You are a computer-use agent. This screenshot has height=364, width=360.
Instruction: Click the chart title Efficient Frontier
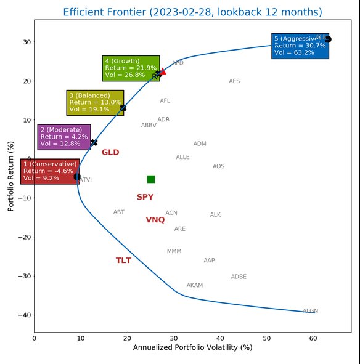pos(192,12)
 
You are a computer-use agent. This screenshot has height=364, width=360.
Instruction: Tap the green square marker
pos(151,179)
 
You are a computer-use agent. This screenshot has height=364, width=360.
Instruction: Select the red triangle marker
pos(163,71)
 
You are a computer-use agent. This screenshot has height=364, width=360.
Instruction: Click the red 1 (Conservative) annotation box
pos(50,171)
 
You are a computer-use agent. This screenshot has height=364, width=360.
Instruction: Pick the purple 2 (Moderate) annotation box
pos(64,137)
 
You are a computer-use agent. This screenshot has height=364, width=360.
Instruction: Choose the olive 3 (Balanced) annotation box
pos(95,103)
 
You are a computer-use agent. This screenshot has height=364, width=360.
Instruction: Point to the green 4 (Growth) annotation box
pos(131,68)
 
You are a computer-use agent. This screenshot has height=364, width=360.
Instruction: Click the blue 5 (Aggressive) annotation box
pos(300,46)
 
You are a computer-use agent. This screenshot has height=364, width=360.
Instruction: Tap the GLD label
pos(110,152)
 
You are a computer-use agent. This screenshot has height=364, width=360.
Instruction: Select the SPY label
pos(145,197)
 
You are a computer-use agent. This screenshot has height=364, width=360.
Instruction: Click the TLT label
pos(123,261)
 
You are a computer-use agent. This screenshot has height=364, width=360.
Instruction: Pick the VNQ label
pos(155,220)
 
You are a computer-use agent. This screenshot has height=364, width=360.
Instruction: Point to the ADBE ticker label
pos(239,277)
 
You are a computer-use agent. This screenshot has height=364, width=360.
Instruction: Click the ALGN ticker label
pos(310,311)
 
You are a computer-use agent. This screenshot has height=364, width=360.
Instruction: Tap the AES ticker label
pos(234,81)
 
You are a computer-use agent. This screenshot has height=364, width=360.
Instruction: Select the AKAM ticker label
pos(194,286)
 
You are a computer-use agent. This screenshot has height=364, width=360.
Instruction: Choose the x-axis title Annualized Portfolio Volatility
pos(192,348)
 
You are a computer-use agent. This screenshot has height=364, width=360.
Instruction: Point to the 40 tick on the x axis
pos(220,338)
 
